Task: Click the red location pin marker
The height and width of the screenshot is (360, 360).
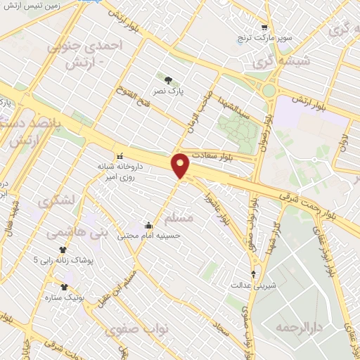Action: coord(181,165)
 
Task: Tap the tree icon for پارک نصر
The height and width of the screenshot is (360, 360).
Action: coord(167,79)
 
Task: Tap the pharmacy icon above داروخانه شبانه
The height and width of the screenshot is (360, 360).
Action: coord(119,155)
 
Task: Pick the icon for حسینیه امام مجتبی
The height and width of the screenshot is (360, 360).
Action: coord(149,226)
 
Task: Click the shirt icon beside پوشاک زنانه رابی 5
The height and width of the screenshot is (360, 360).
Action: coord(63,249)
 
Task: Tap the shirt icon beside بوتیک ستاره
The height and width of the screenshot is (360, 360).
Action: coord(65,286)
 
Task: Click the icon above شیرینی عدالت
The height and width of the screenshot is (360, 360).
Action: coord(254,274)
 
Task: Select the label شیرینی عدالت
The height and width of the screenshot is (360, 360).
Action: coord(250,285)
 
